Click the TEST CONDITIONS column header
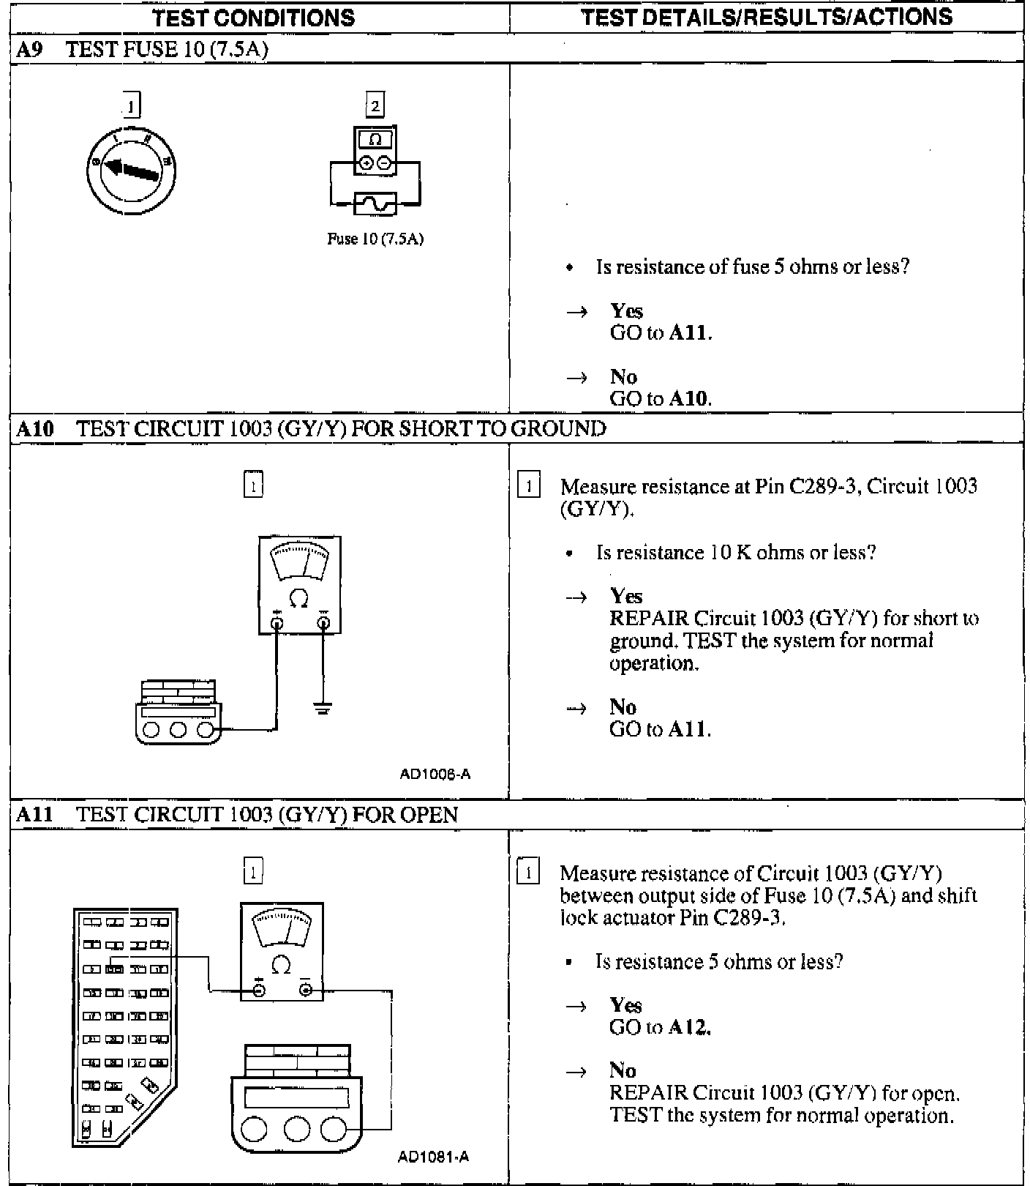(253, 18)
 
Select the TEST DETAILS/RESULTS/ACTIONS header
(766, 17)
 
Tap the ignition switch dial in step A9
(132, 171)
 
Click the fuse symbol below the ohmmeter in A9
(375, 203)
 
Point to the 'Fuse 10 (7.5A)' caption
(375, 239)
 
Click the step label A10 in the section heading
(35, 429)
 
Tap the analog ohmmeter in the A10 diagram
(299, 585)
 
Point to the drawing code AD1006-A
(435, 774)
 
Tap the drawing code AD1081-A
(433, 1157)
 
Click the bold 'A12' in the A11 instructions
(690, 1027)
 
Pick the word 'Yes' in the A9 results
(626, 311)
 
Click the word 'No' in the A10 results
(623, 706)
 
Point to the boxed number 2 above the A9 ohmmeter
(375, 105)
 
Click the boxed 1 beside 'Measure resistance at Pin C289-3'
(528, 486)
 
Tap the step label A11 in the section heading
(35, 815)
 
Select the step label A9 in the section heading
(29, 49)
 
